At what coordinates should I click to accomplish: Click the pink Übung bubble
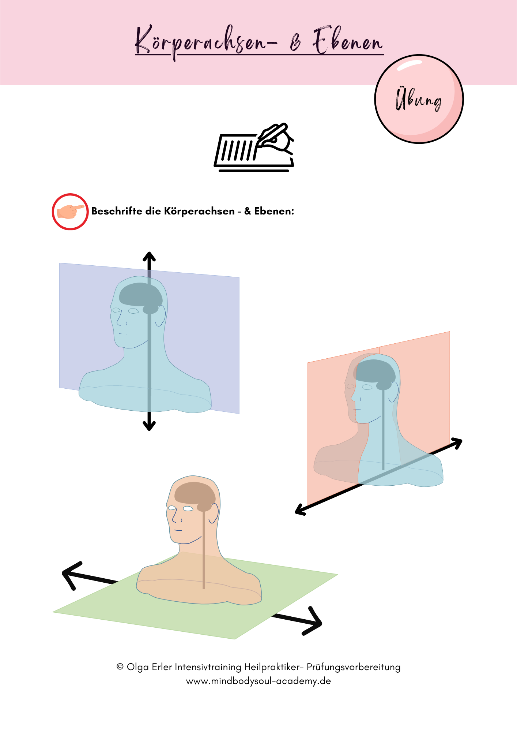pos(419,99)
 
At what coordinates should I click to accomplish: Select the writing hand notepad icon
pos(254,148)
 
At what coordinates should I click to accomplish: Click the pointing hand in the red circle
pos(70,212)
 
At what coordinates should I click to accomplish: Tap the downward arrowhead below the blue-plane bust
pos(149,426)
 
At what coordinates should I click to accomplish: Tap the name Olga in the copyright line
pos(137,667)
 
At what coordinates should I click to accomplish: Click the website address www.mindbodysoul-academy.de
pos(258,681)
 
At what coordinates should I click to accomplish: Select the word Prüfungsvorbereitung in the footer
pos(354,667)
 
